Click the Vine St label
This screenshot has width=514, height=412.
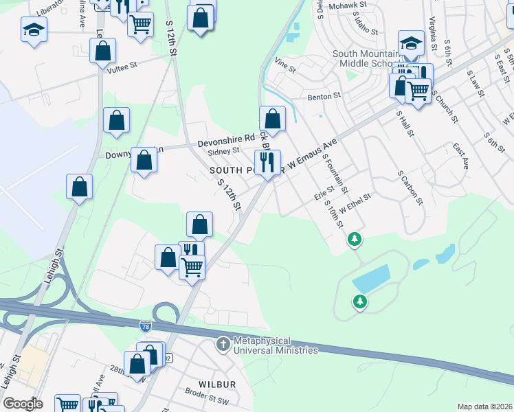pos(284,69)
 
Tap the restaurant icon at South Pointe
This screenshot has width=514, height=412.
pos(267,162)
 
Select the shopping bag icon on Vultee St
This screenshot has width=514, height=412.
pos(102,51)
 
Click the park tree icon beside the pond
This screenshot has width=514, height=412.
pos(359,301)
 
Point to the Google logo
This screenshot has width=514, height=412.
pos(22,404)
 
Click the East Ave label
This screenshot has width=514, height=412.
pos(460,156)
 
